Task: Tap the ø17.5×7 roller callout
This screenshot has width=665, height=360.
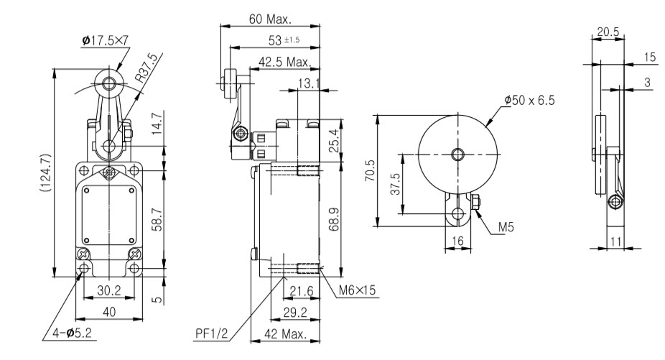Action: coord(106,40)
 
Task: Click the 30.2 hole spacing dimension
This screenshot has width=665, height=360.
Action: coord(108,291)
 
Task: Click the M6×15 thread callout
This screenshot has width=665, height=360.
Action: coord(358,290)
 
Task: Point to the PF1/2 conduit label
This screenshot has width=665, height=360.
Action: coord(213,333)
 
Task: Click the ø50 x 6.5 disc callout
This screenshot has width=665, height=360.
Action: coord(529,101)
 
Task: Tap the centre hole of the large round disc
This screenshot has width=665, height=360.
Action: coord(457,154)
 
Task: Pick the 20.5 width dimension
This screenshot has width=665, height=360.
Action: coord(607,31)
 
